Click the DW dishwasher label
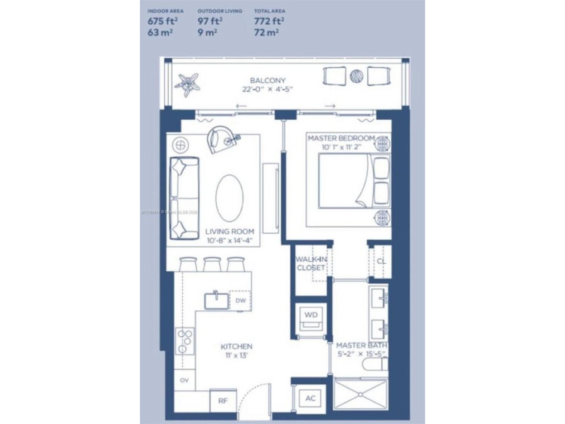(x=240, y=301)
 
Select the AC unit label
(x=310, y=398)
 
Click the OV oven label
(x=184, y=380)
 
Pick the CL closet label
(x=380, y=261)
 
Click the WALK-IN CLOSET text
(x=311, y=263)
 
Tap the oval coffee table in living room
(x=229, y=197)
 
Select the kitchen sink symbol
(x=216, y=299)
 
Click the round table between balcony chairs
(x=357, y=76)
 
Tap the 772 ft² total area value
(x=268, y=21)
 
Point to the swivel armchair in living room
(x=221, y=139)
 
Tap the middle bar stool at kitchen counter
(x=213, y=264)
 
